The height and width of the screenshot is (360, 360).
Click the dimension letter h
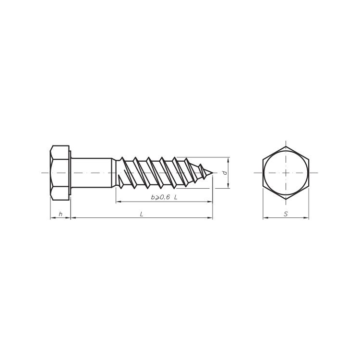tap(60, 214)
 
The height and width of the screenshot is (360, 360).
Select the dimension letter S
tap(286, 214)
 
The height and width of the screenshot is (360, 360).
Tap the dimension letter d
tap(225, 173)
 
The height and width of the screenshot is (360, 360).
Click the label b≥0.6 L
tap(164, 197)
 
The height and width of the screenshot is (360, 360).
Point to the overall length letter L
tap(142, 214)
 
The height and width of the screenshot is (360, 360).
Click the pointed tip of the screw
tap(213, 173)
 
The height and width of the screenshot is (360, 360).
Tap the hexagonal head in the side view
tap(60, 173)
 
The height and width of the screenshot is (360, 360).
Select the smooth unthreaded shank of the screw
tap(92, 173)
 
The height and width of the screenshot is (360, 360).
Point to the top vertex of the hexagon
tap(286, 146)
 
